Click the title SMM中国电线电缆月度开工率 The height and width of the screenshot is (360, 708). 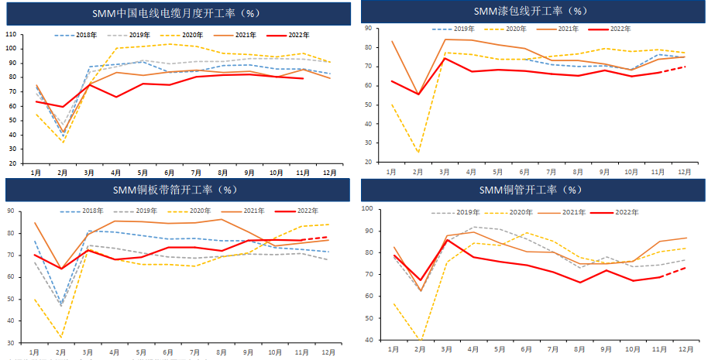tap(177, 12)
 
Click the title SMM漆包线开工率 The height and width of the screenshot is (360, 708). tap(531, 11)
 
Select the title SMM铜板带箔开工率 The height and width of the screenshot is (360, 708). tap(177, 189)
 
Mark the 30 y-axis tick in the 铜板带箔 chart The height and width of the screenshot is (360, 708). tap(11, 342)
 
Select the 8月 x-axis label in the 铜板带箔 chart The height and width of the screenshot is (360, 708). tap(222, 353)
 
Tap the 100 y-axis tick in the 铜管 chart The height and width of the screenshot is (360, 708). tap(368, 209)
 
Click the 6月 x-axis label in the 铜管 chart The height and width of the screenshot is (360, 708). tap(524, 350)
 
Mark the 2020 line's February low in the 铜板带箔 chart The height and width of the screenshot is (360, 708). tap(62, 338)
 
